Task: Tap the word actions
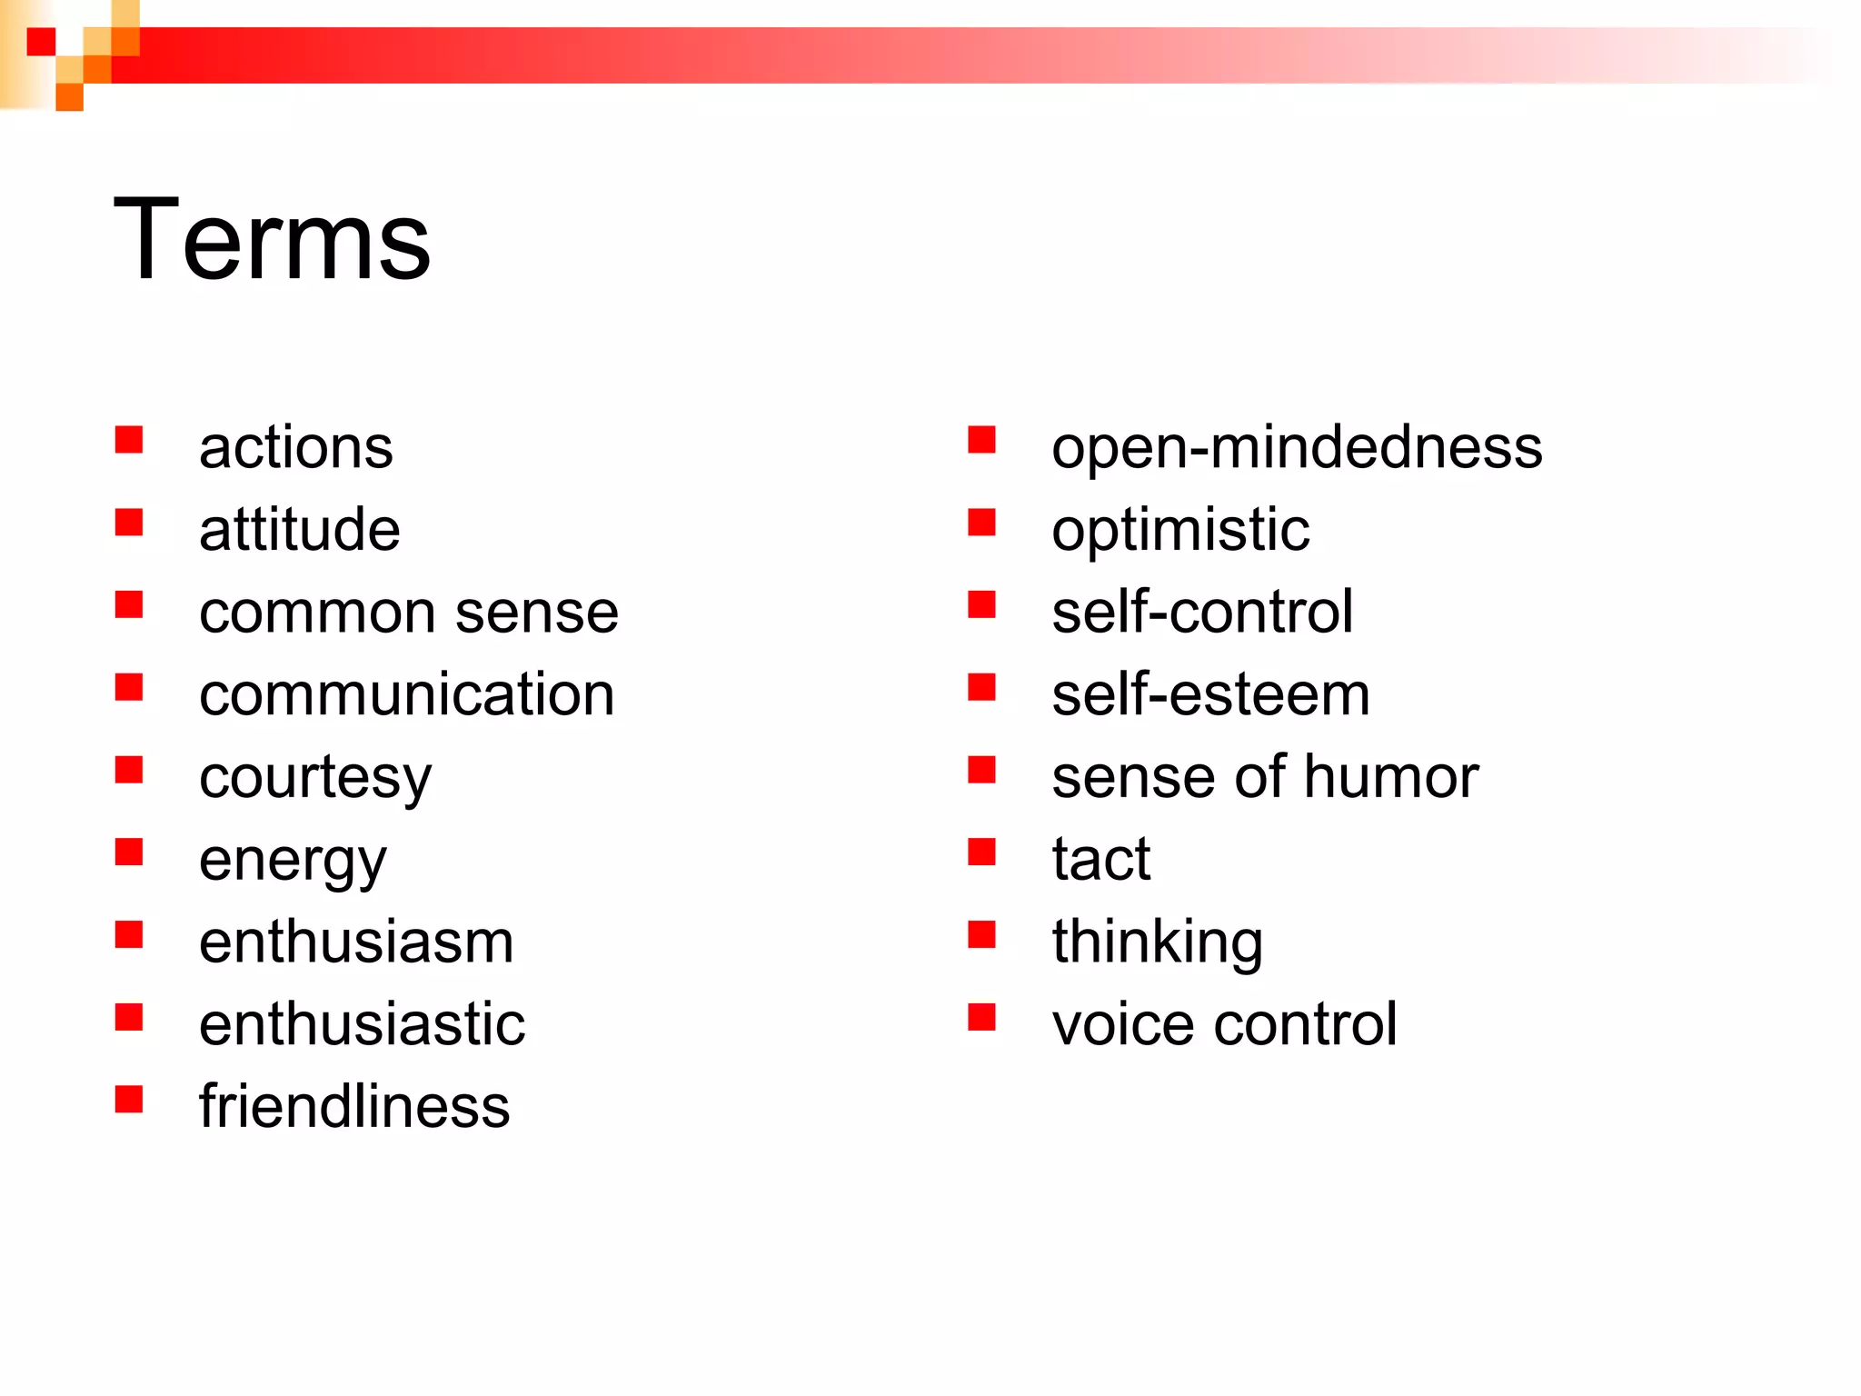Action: tap(295, 448)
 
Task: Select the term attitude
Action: tap(299, 530)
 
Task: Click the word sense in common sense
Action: tap(536, 613)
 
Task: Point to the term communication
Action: tap(406, 695)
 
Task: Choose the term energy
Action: tap(292, 861)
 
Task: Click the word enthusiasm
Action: tap(355, 942)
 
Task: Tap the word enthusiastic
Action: tap(362, 1024)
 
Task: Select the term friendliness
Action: tap(354, 1107)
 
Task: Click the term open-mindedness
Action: tap(1296, 448)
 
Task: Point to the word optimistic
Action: tap(1179, 530)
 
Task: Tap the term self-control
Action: tap(1201, 612)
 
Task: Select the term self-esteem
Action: tap(1209, 695)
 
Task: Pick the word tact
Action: tap(1100, 859)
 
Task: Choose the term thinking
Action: tap(1157, 942)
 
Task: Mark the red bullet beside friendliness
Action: tap(129, 1099)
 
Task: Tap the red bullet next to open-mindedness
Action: tap(981, 440)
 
